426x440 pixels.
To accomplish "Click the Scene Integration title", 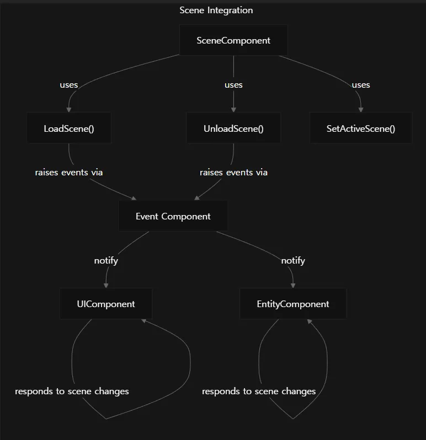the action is click(x=216, y=10).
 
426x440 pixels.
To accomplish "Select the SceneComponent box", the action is click(x=233, y=40).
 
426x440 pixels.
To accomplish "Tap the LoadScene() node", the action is click(x=69, y=128).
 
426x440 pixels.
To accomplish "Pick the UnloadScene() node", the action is click(x=233, y=128).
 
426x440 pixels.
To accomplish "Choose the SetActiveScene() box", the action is click(x=361, y=128).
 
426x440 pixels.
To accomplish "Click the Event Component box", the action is click(x=173, y=216).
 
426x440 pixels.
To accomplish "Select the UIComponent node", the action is click(x=106, y=304).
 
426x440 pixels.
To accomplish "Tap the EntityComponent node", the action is click(x=293, y=304).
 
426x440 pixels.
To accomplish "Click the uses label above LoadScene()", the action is click(x=69, y=85).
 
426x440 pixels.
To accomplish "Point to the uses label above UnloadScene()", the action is click(x=233, y=85).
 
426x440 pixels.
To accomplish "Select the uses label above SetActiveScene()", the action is click(x=361, y=85).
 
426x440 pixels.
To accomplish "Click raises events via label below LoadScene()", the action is click(x=69, y=172).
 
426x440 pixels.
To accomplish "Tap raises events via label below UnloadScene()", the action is click(x=233, y=172).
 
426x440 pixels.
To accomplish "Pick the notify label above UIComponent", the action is click(x=106, y=260).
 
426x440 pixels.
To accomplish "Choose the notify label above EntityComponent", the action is click(x=293, y=260).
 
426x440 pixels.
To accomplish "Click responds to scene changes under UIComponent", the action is click(x=72, y=391).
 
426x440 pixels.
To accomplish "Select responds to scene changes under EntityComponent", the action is click(x=259, y=391).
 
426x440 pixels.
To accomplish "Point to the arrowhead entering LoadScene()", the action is click(x=69, y=110).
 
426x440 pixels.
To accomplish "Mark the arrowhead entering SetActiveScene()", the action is click(x=361, y=110).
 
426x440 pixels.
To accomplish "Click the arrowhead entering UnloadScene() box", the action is click(x=233, y=110).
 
